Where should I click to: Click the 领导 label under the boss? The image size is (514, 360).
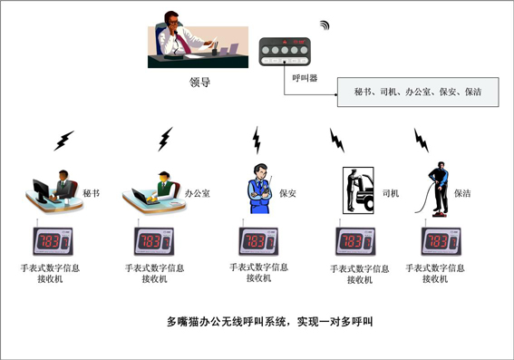(199, 82)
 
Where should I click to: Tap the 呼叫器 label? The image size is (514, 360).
(305, 78)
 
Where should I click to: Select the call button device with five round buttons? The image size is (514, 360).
(285, 52)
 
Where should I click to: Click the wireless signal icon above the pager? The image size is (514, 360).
(325, 25)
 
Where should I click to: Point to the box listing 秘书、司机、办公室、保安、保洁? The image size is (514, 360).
(418, 92)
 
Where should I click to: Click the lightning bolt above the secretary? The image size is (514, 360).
(64, 141)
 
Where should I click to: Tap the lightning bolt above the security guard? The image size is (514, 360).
(257, 140)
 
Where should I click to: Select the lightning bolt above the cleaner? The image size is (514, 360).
(422, 140)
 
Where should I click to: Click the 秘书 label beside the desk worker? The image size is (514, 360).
(92, 193)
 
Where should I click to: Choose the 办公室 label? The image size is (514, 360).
(198, 193)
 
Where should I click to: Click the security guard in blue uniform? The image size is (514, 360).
(259, 189)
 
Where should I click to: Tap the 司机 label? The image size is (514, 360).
(391, 193)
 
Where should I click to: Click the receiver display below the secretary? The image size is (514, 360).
(53, 241)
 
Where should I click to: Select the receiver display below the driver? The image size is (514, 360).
(355, 241)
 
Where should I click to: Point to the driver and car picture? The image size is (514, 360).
(358, 190)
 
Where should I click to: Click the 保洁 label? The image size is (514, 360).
(462, 193)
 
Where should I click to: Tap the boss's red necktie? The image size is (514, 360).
(183, 43)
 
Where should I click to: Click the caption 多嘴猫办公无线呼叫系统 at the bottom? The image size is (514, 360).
(228, 322)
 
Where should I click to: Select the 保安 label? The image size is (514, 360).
(287, 193)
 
